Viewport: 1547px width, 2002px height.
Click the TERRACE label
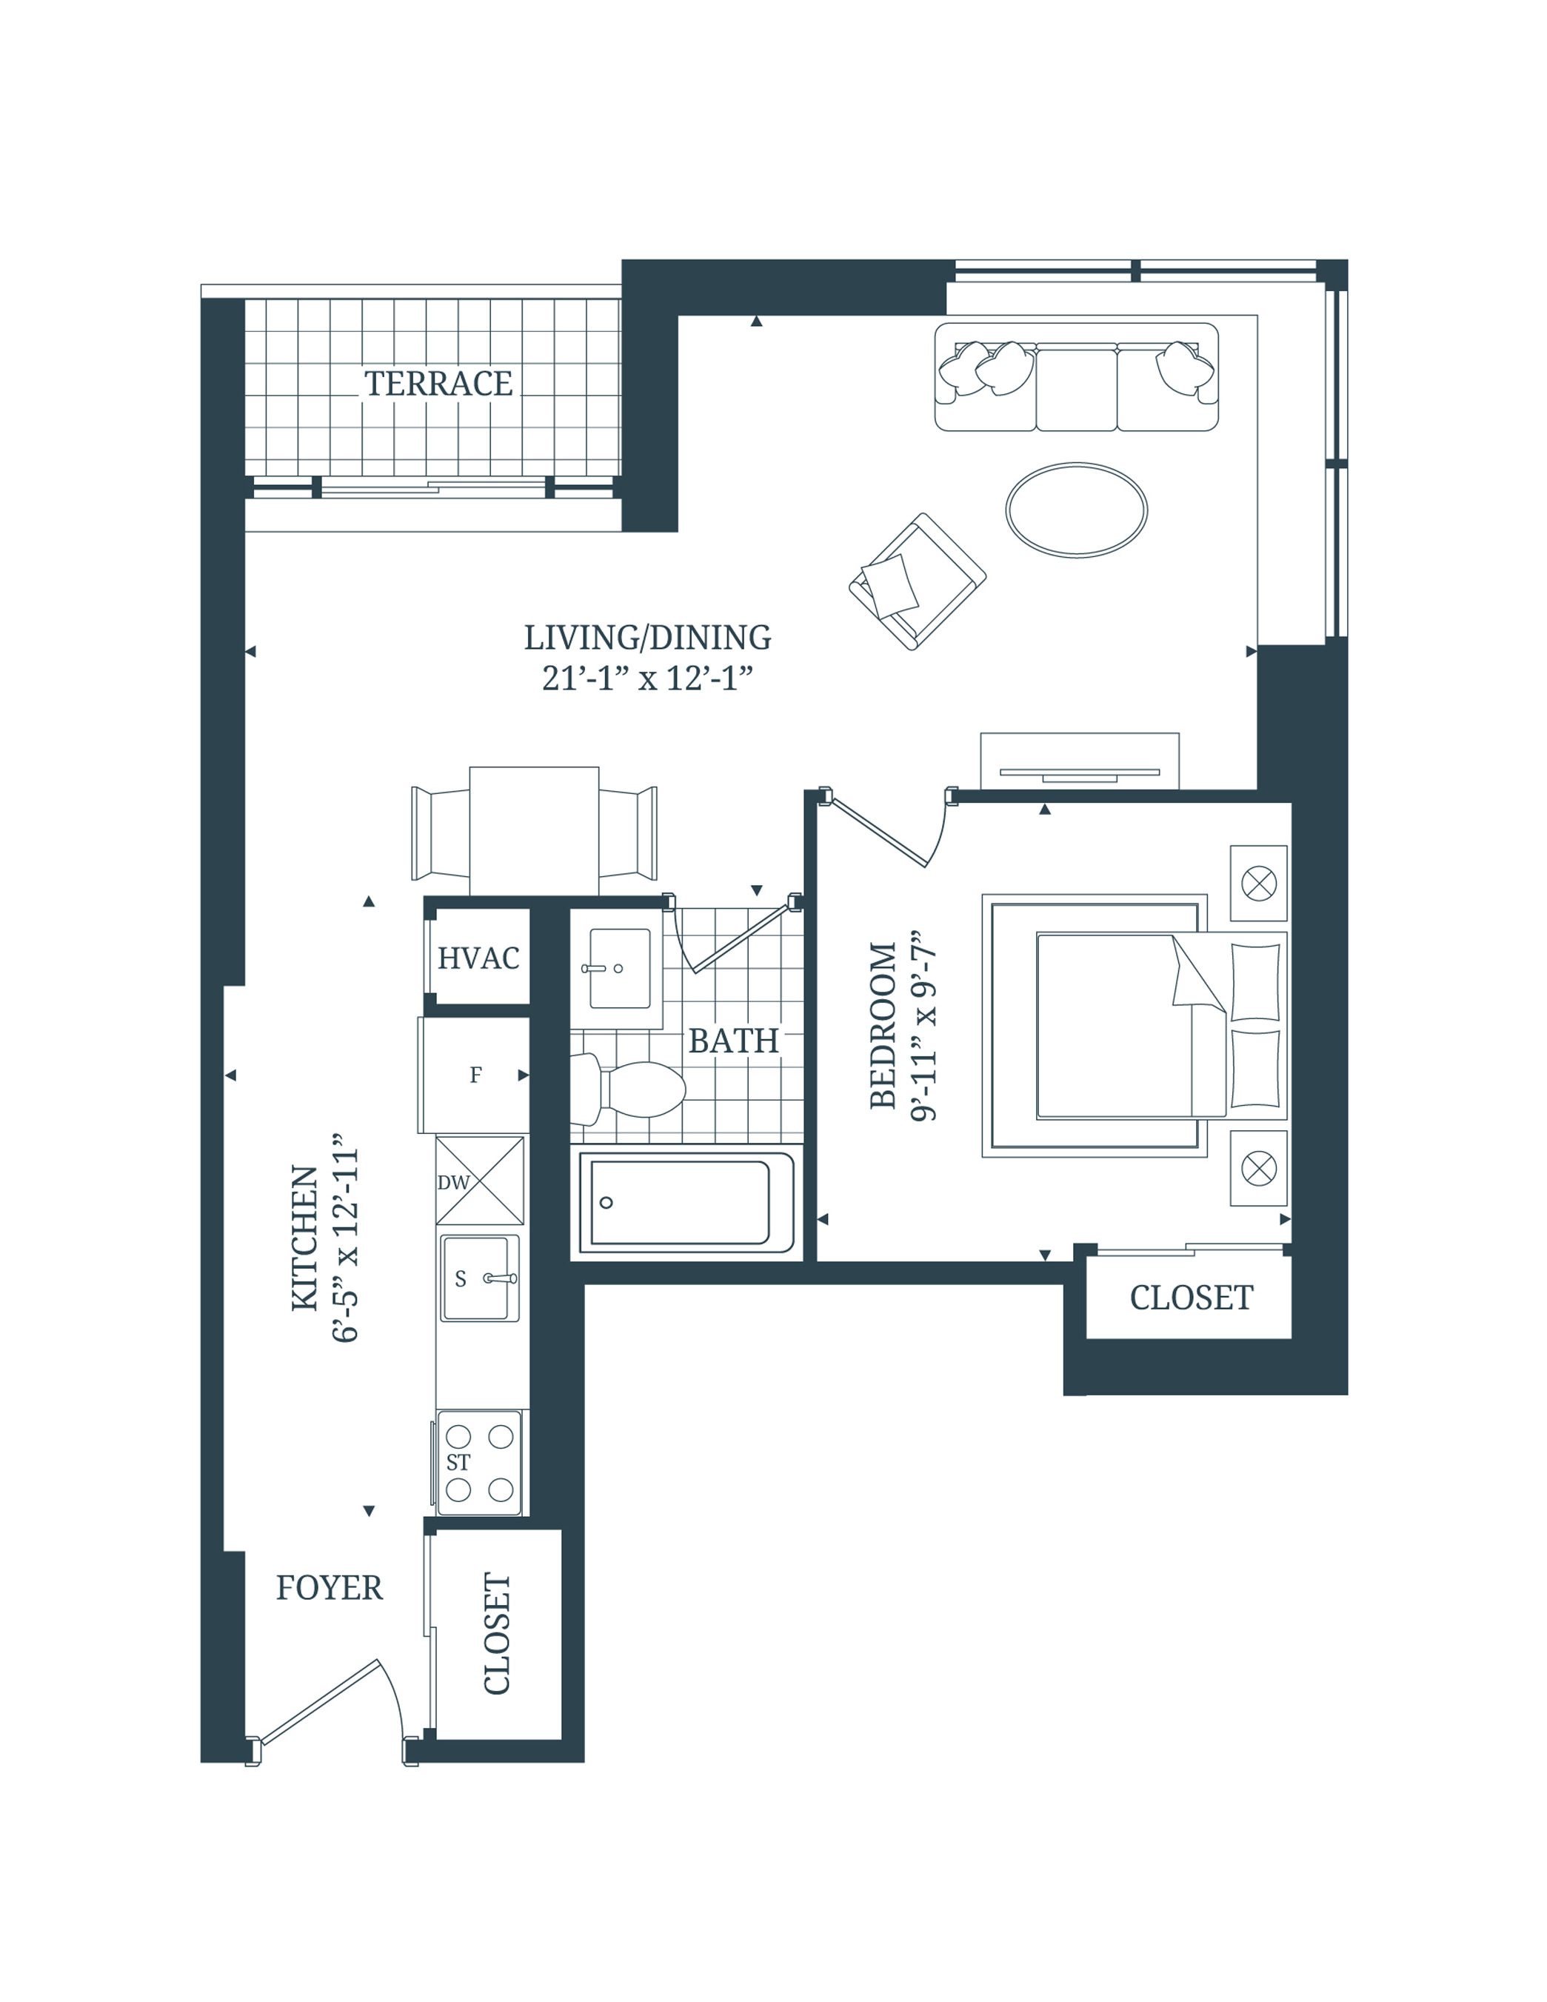(x=438, y=383)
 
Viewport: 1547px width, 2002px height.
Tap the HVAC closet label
(x=478, y=958)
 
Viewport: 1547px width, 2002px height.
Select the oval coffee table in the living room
(x=1076, y=510)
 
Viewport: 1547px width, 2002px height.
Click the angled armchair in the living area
(x=917, y=582)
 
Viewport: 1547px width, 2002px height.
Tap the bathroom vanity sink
(x=620, y=968)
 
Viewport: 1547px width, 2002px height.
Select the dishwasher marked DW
(x=479, y=1181)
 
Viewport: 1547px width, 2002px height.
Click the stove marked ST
(x=479, y=1462)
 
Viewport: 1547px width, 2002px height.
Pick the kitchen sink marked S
(x=478, y=1278)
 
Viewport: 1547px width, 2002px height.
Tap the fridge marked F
(x=475, y=1075)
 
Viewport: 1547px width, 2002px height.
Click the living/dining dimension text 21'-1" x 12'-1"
(x=647, y=679)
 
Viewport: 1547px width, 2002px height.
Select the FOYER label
(x=329, y=1588)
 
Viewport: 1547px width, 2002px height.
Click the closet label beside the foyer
(x=496, y=1633)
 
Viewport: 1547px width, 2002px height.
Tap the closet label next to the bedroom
(x=1191, y=1298)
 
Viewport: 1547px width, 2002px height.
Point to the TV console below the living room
(x=1079, y=761)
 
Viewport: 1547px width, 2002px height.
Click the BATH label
(x=733, y=1041)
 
